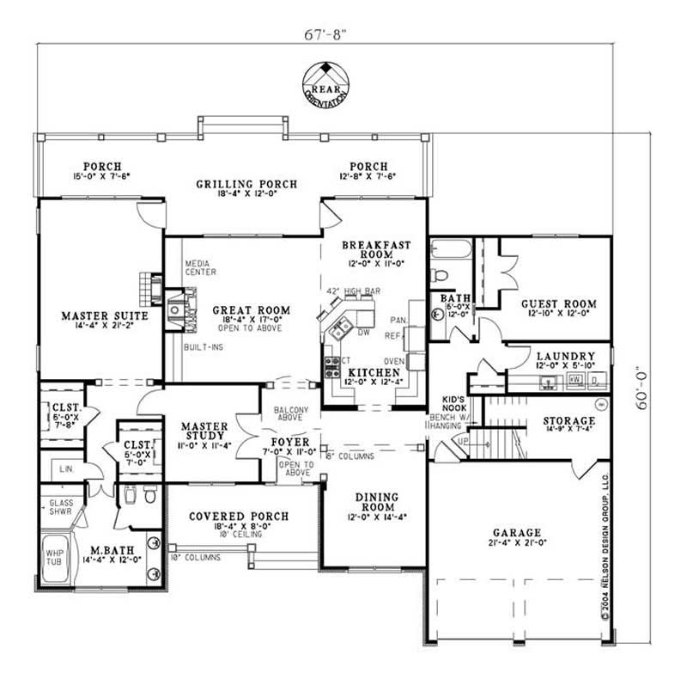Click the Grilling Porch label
coord(246,184)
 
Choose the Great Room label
coord(252,310)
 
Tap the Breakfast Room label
coord(376,249)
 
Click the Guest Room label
coord(558,304)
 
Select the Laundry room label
coord(564,356)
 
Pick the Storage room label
coord(569,421)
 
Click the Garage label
coord(516,532)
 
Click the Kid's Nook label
coord(453,400)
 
